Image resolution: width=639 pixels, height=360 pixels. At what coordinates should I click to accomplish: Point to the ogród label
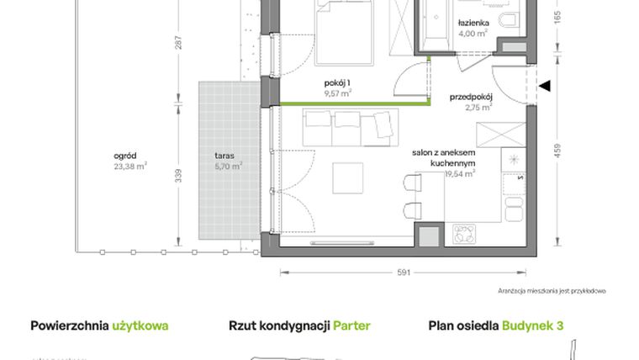(x=126, y=156)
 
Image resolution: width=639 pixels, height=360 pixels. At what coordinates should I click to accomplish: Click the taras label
(x=224, y=156)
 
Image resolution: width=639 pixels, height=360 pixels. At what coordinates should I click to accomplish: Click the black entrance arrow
(x=544, y=85)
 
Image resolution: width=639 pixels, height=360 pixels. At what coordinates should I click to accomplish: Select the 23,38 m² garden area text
(x=130, y=167)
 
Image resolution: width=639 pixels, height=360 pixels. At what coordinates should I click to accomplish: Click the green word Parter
(x=351, y=326)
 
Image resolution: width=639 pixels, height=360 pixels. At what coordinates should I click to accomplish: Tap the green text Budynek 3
(x=533, y=326)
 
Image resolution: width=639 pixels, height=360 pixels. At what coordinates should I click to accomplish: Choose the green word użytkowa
(x=140, y=326)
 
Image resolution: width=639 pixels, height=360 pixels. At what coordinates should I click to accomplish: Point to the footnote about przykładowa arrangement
(x=552, y=290)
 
